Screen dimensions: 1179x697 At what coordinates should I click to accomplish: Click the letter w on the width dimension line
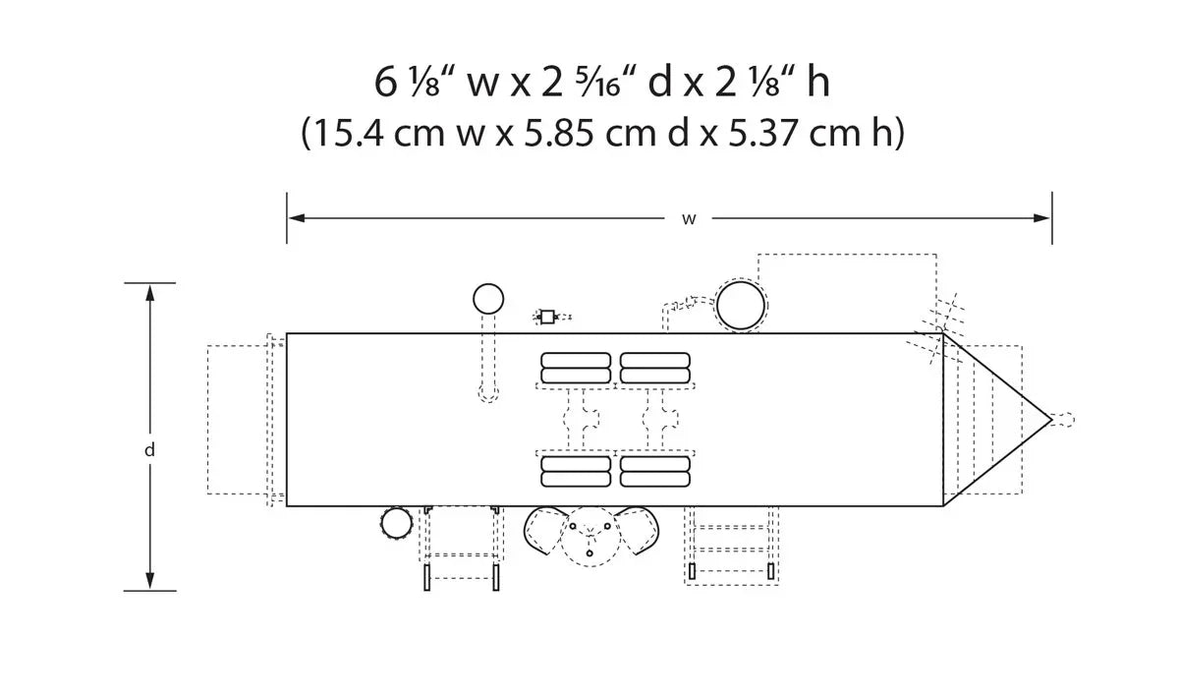click(x=689, y=219)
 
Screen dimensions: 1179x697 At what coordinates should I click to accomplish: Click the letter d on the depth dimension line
click(x=150, y=450)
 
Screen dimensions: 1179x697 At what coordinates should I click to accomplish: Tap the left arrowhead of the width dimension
click(x=297, y=218)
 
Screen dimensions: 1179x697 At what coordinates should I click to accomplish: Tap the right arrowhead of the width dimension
click(x=1041, y=218)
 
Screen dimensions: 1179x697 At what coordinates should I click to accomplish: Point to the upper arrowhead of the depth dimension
click(x=150, y=293)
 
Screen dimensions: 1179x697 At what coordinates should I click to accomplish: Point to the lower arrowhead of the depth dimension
click(x=150, y=581)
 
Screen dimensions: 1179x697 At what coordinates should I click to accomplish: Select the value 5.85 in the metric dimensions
click(x=558, y=133)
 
